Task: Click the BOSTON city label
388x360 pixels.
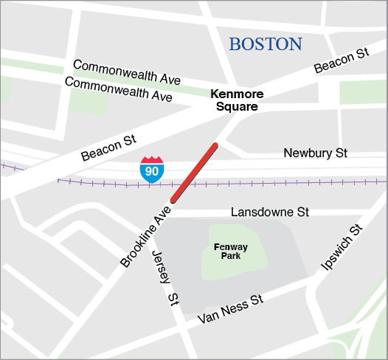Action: tap(265, 44)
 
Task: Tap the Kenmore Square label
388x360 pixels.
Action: tap(235, 100)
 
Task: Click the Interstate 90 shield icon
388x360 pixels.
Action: tap(151, 169)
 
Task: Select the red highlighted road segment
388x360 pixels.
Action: tap(195, 173)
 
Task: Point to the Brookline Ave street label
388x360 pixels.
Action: tap(145, 237)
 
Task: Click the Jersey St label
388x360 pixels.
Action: tap(166, 277)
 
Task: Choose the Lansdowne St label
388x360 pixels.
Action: tap(269, 212)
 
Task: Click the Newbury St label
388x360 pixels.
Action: tap(315, 153)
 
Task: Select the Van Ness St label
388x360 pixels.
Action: tap(230, 310)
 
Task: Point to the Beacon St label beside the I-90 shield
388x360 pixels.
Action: tap(108, 146)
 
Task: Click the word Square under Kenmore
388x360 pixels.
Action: tap(237, 107)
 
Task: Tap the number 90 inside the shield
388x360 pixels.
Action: tap(151, 171)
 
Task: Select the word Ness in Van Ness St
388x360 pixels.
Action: tap(237, 307)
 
